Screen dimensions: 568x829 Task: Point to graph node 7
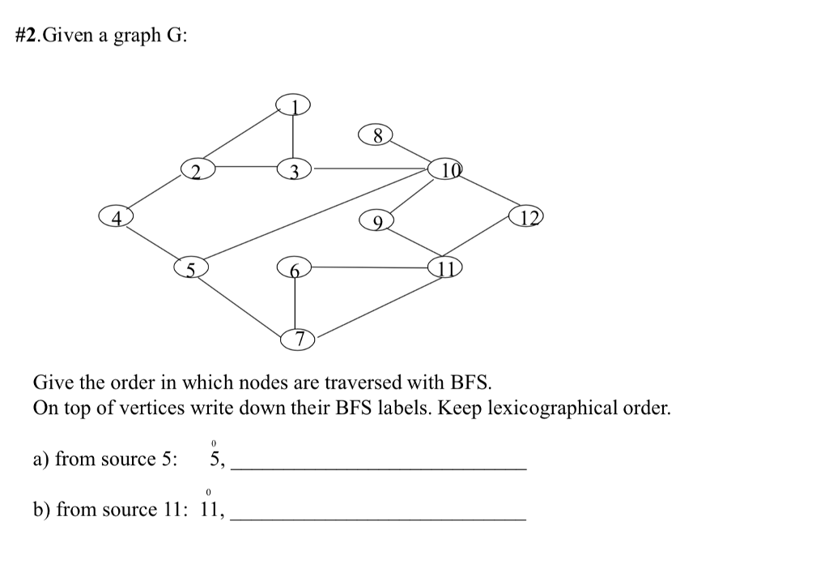pos(299,339)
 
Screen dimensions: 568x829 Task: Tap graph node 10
pos(448,169)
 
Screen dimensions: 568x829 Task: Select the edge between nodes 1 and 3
pos(294,137)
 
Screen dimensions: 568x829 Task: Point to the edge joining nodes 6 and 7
pos(294,304)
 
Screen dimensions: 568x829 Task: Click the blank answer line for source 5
pos(378,468)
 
